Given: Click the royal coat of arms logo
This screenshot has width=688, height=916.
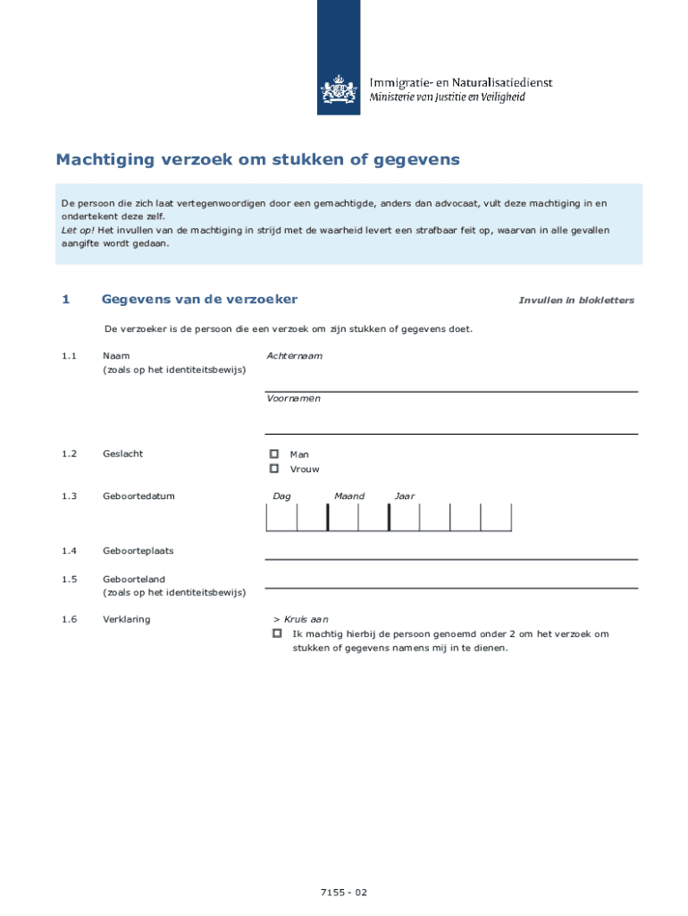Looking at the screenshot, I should coord(338,90).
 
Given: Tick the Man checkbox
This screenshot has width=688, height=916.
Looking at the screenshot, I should coord(274,454).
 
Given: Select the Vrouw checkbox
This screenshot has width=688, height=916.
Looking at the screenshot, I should coord(274,469).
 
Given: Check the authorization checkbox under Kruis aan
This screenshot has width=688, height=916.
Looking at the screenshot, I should coord(277,633).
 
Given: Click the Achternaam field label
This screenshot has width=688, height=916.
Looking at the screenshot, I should coord(294,356).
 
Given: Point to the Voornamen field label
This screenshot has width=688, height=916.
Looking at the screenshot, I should coord(293,399).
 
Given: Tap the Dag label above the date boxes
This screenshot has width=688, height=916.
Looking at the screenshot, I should coord(281,496).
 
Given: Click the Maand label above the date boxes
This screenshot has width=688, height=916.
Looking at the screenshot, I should coord(349,496).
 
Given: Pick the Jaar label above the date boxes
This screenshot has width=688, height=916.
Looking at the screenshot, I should coord(404,496).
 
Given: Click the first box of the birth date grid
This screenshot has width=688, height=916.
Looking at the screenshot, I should coord(281,517).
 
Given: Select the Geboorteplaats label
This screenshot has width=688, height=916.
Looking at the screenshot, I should coord(138,551).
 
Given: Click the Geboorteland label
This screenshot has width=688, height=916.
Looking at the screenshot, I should coord(134,580).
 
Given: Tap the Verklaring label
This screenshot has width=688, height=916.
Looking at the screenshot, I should coord(126,620).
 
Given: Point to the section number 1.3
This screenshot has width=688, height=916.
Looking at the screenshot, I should coord(70,496).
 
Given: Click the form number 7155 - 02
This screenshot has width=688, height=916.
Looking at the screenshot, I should coord(344,893).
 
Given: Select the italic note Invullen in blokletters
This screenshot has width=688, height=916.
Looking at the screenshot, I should coord(576,301).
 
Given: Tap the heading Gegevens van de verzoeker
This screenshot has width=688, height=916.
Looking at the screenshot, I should coord(199,300).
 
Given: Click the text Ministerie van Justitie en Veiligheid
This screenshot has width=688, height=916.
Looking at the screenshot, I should coord(448,98).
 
